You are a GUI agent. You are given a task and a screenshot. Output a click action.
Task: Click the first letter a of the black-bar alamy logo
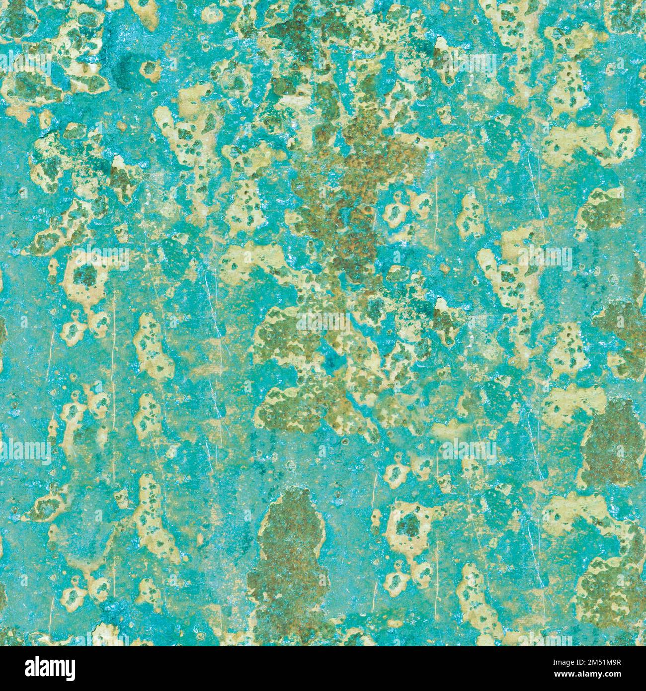tap(21, 667)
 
